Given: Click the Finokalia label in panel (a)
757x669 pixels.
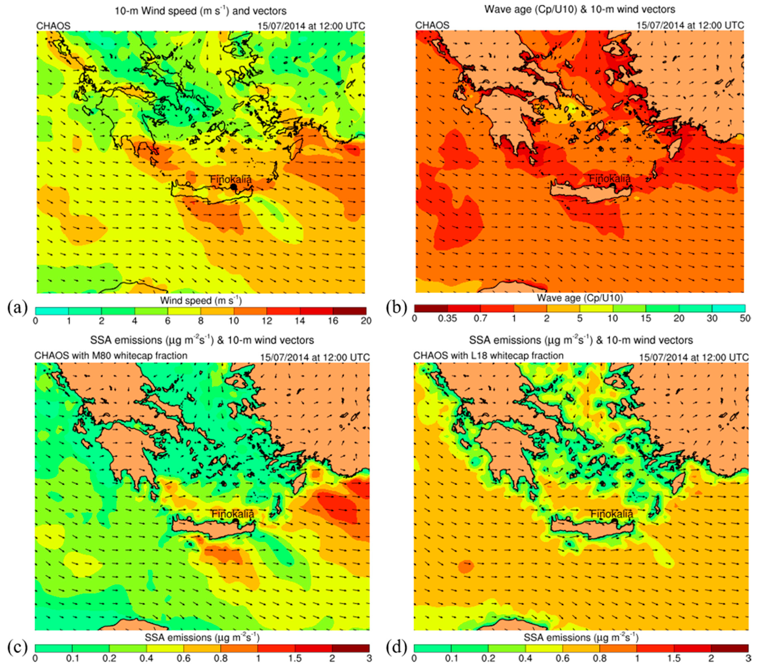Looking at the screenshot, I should tap(231, 179).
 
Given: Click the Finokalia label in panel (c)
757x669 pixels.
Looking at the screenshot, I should tap(233, 514).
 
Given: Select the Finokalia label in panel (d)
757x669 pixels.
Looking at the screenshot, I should tap(611, 514).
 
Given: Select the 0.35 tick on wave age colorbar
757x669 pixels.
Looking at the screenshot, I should tap(447, 318).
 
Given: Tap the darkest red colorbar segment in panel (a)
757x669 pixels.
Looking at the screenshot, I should tap(349, 311).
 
